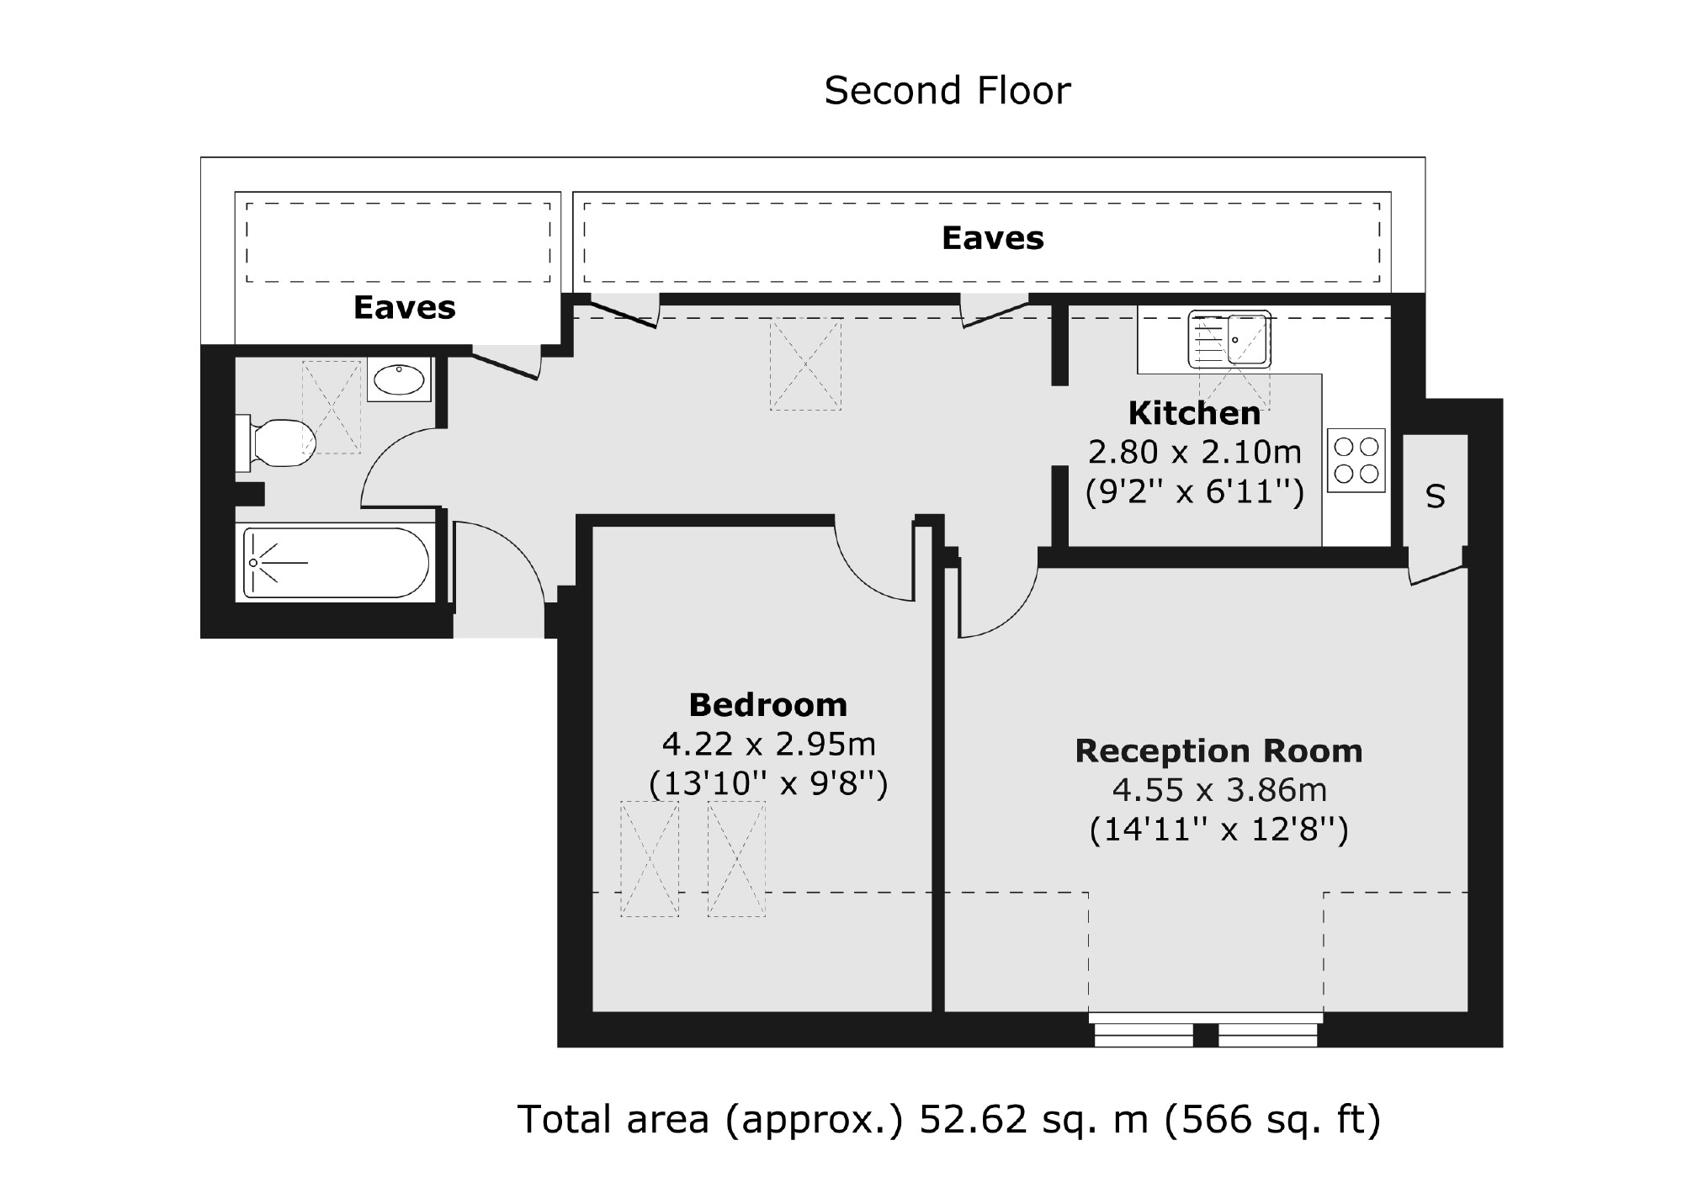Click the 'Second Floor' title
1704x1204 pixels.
(947, 91)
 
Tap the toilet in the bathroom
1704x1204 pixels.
(277, 442)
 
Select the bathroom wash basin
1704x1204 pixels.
(399, 379)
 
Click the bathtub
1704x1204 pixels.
(336, 562)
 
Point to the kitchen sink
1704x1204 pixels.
(1229, 339)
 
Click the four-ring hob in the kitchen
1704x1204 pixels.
(1356, 460)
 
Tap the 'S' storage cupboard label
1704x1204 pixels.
(1436, 497)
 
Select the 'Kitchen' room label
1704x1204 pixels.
(1194, 413)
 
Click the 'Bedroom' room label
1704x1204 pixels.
(767, 704)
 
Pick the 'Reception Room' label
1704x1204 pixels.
(1218, 751)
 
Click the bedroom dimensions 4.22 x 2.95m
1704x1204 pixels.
(768, 745)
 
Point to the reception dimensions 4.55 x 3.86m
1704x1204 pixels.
(1219, 790)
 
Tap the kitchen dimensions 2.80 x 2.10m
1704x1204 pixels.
(1194, 453)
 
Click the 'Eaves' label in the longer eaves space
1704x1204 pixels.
(992, 238)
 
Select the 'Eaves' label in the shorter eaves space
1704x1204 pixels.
(404, 307)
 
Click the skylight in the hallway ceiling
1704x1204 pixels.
(805, 364)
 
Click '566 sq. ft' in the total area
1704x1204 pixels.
(1271, 1120)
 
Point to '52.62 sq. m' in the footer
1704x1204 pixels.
(1033, 1120)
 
